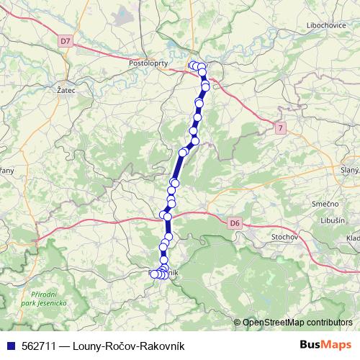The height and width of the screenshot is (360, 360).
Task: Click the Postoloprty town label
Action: click(148, 63)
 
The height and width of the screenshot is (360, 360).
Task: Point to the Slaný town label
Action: click(350, 169)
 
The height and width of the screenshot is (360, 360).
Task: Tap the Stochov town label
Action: click(284, 236)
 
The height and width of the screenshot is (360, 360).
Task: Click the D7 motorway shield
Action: click(66, 42)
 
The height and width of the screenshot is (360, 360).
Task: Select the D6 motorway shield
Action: click(235, 223)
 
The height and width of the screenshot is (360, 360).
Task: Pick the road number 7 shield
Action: click(279, 127)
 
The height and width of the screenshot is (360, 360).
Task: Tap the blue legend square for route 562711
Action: click(9, 347)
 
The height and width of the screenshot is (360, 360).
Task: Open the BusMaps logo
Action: click(325, 346)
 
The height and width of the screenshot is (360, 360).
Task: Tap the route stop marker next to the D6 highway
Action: click(168, 216)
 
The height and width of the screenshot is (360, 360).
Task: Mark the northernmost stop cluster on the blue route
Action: click(197, 66)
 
